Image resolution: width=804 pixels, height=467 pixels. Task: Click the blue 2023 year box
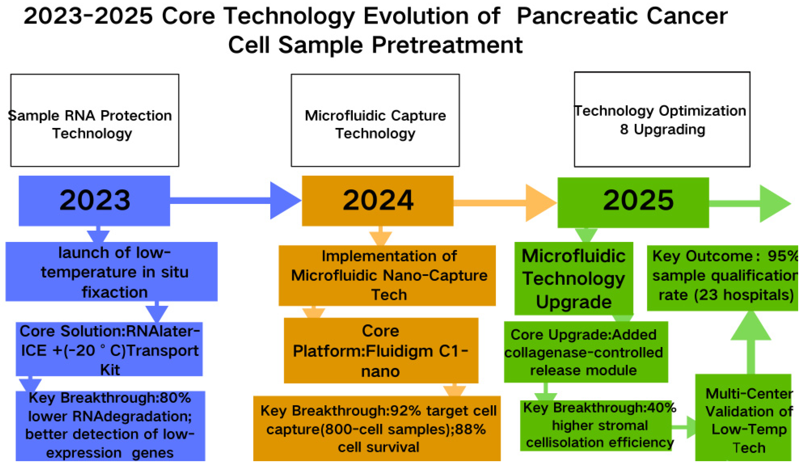(94, 201)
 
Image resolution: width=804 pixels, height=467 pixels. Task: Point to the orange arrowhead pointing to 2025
(540, 203)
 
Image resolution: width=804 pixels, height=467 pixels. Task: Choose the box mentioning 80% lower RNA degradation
(110, 426)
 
